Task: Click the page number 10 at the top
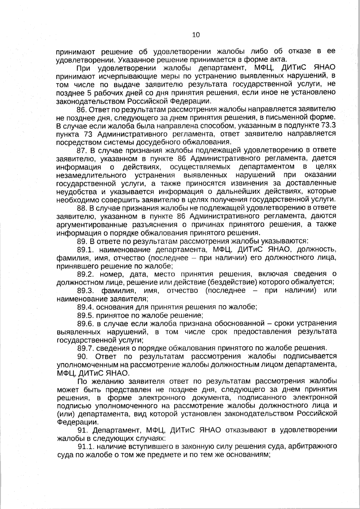pyautogui.click(x=196, y=35)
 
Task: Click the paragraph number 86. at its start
pyautogui.click(x=82, y=109)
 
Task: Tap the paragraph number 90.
pyautogui.click(x=82, y=356)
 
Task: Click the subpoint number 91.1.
pyautogui.click(x=85, y=447)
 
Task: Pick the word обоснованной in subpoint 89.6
pyautogui.click(x=237, y=323)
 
